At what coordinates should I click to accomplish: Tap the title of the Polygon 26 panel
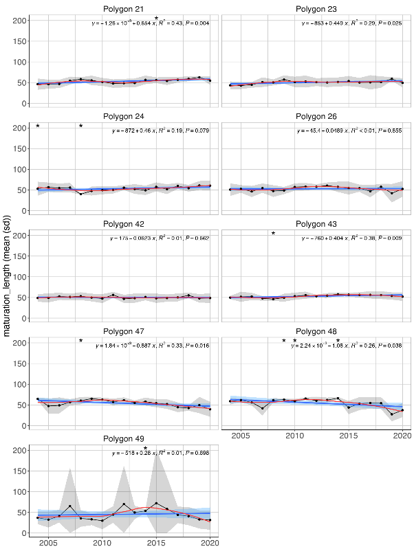coord(316,117)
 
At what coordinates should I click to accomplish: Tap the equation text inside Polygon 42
coord(160,238)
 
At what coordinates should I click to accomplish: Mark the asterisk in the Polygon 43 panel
coord(273,234)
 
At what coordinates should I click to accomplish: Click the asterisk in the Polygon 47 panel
coord(80,341)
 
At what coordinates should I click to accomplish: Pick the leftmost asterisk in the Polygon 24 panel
coord(38,126)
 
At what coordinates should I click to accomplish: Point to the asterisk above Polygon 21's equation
coord(156,19)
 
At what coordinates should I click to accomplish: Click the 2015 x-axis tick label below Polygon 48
coord(349,436)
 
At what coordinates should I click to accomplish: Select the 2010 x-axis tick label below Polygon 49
coord(102,543)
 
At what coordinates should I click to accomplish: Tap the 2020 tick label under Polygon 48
coord(402,436)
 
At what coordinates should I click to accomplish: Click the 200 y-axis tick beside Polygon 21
coord(21,21)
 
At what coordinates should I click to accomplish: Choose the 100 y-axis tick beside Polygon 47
coord(21,384)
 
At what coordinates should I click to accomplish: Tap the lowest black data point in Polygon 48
coord(392,414)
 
